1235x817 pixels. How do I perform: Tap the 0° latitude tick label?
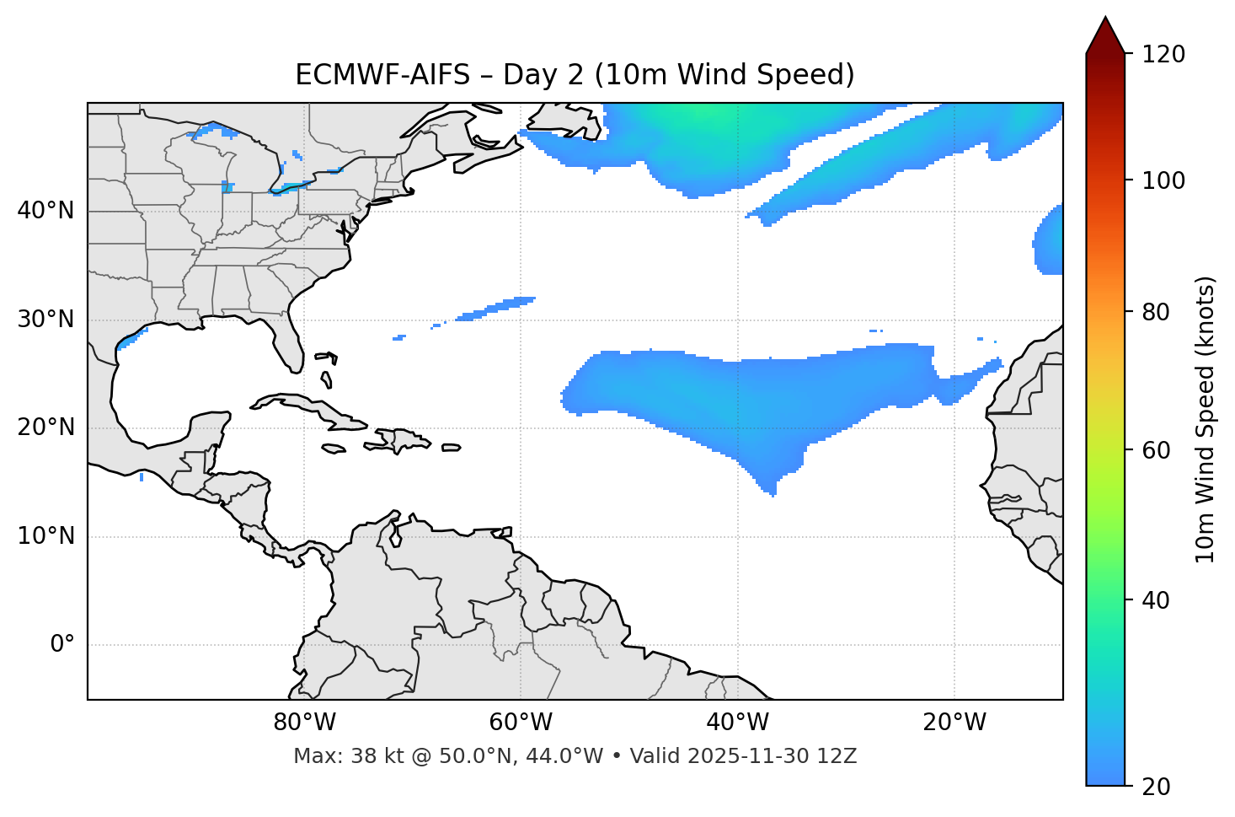(x=62, y=645)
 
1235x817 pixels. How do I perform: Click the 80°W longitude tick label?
(x=304, y=723)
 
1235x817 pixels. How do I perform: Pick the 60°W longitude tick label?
(x=521, y=723)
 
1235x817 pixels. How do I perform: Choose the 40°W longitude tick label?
(x=737, y=723)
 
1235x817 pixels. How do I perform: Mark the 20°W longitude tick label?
(x=954, y=723)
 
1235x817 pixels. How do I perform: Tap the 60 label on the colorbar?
(x=1156, y=450)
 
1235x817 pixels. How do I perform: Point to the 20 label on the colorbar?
(x=1156, y=787)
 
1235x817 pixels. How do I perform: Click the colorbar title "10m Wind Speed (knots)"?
(x=1206, y=420)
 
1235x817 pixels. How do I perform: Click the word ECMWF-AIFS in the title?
(x=382, y=75)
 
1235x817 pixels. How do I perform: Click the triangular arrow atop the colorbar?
(x=1105, y=36)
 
